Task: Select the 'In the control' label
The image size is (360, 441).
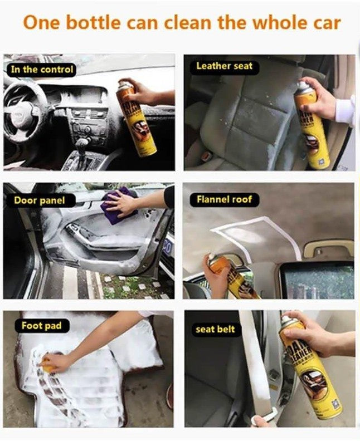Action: pos(42,70)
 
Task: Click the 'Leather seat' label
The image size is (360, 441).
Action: pos(224,66)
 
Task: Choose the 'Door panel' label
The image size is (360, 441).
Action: pos(40,200)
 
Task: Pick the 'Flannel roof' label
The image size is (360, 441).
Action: pos(224,199)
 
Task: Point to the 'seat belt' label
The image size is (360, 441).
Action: pos(216,330)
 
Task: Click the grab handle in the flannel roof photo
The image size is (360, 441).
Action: pos(329,248)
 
